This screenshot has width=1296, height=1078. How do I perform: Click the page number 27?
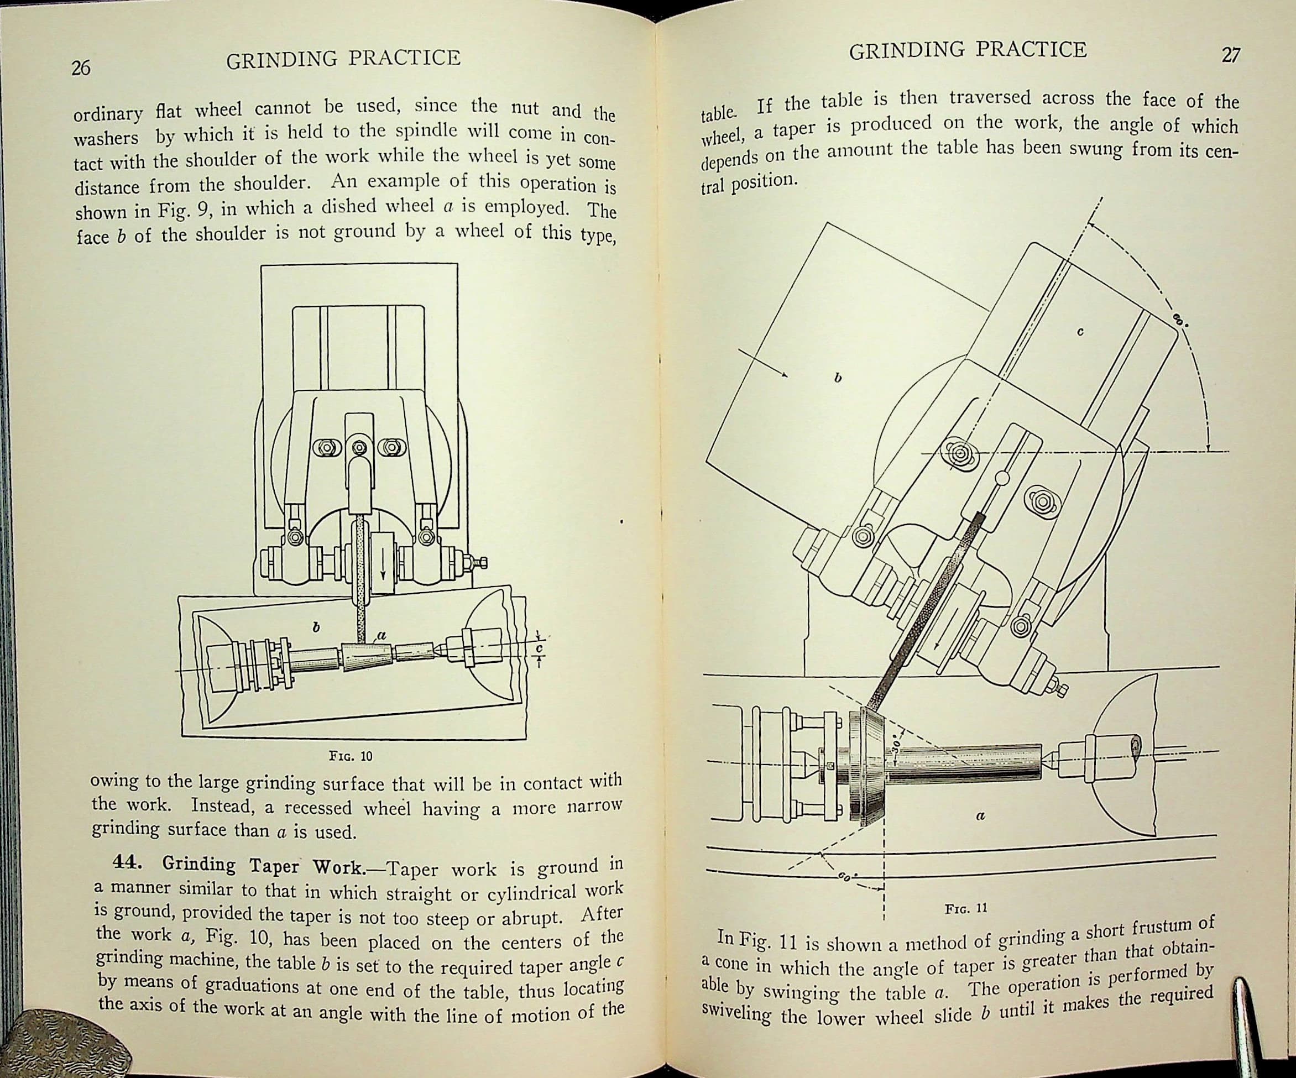tap(1231, 55)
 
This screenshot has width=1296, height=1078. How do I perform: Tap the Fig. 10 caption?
tap(351, 756)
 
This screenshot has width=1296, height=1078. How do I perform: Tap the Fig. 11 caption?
tap(966, 908)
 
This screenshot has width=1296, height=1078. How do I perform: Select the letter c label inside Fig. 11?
tap(1079, 331)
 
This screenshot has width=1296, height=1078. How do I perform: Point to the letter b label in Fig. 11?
tap(838, 377)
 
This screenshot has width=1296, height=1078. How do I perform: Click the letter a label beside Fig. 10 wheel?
tap(381, 634)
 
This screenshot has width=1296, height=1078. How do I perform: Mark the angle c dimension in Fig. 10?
tap(538, 649)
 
